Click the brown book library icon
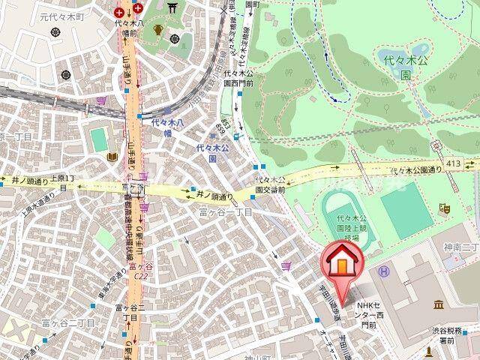(x=112, y=157)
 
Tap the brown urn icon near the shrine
(x=158, y=30)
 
